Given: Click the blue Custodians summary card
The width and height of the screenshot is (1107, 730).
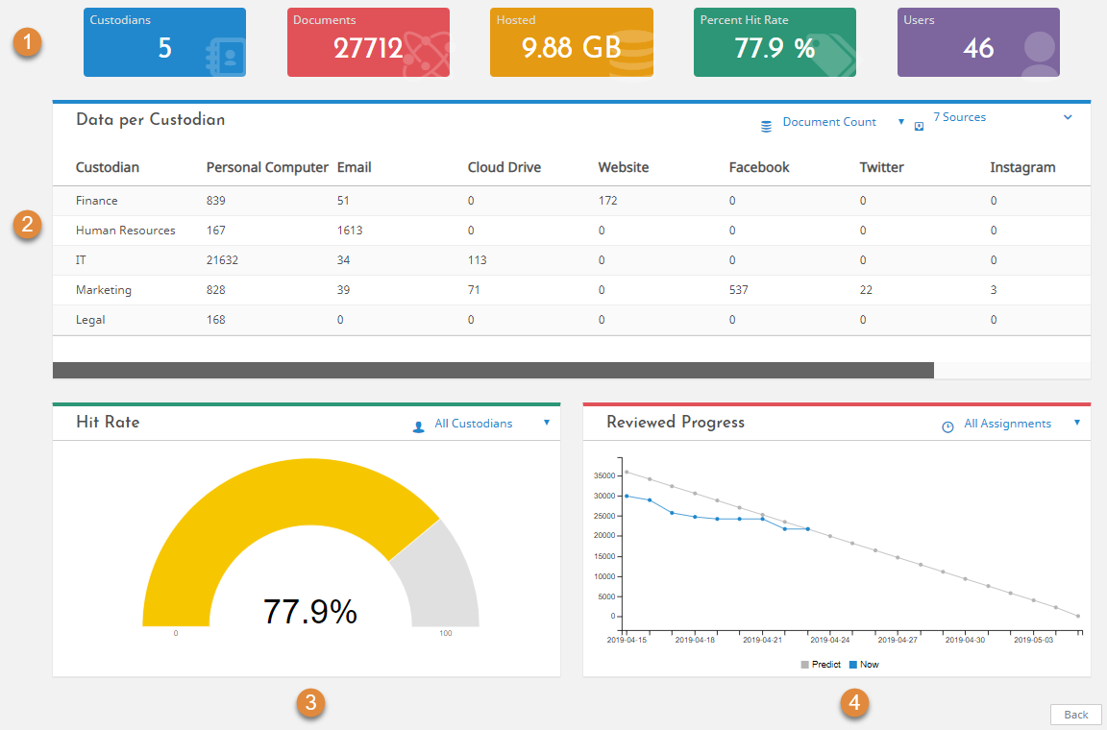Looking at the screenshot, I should [164, 42].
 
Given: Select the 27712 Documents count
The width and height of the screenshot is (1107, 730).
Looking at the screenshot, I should [368, 49].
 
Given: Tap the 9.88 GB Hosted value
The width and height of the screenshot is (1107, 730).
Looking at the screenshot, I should [571, 49].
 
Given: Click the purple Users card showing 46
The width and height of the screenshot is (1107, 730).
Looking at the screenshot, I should [978, 42].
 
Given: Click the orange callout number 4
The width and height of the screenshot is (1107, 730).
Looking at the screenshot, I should [853, 703].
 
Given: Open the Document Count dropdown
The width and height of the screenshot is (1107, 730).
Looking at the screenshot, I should [831, 122].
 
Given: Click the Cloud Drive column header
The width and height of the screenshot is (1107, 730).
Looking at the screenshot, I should [504, 167].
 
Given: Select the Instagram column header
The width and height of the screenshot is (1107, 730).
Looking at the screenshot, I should [1022, 167].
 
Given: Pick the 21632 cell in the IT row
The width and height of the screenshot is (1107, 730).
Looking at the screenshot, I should [222, 260].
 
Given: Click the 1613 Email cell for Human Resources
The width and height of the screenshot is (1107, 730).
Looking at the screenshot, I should [350, 231].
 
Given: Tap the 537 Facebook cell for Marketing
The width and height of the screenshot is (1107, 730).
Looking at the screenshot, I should [738, 290].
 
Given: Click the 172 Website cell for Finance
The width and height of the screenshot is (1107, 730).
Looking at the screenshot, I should [607, 201].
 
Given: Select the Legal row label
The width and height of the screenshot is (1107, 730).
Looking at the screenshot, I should [90, 320].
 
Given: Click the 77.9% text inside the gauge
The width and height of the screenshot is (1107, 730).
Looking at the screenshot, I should [309, 611].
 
